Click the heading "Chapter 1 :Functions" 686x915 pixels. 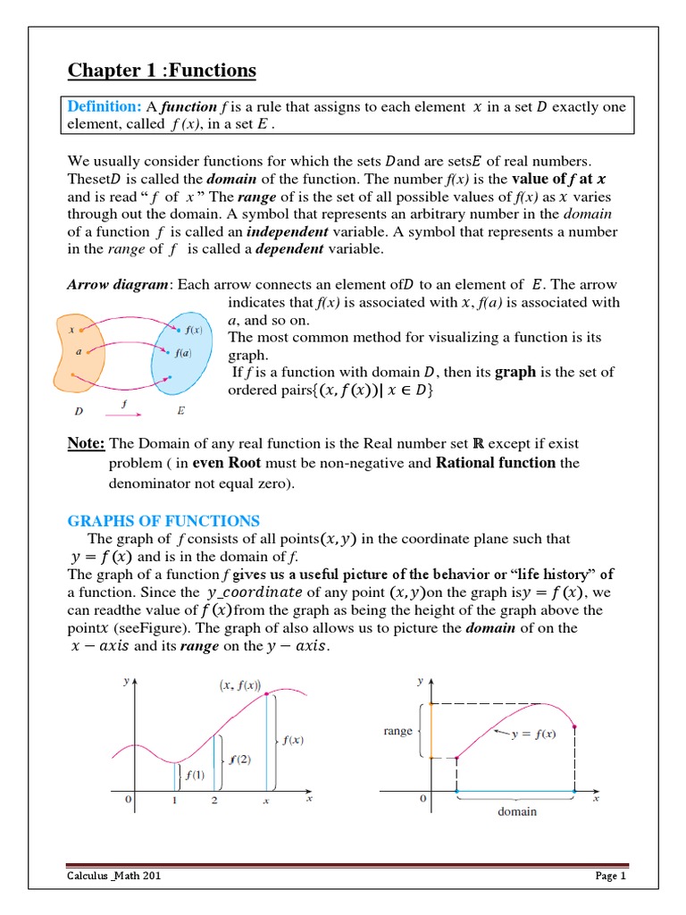[x=162, y=71]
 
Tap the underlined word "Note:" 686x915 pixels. [x=87, y=444]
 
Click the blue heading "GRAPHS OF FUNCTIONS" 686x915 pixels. [x=163, y=521]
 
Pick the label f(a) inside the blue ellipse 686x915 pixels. [x=183, y=353]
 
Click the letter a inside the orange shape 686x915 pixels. [x=79, y=351]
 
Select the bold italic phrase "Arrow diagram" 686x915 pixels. [x=120, y=285]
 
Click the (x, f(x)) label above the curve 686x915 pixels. [x=238, y=686]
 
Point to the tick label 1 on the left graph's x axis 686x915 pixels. [x=175, y=801]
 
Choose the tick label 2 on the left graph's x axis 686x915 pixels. [x=214, y=801]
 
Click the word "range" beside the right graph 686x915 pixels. [x=397, y=731]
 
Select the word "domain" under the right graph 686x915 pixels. [x=517, y=811]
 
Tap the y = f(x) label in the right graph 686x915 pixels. [x=533, y=734]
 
